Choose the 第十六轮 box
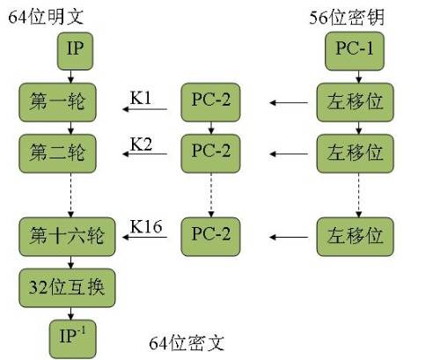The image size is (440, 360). (66, 236)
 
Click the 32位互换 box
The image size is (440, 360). (66, 287)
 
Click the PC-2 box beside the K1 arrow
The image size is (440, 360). (211, 104)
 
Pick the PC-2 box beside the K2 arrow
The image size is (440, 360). (211, 151)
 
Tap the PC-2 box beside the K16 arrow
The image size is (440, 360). (211, 236)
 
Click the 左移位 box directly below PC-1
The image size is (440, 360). (355, 104)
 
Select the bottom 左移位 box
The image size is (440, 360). (355, 236)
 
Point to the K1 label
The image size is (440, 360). (141, 95)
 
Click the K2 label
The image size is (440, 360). (141, 143)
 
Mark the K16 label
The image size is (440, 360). (145, 226)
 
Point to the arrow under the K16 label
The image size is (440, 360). (144, 238)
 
